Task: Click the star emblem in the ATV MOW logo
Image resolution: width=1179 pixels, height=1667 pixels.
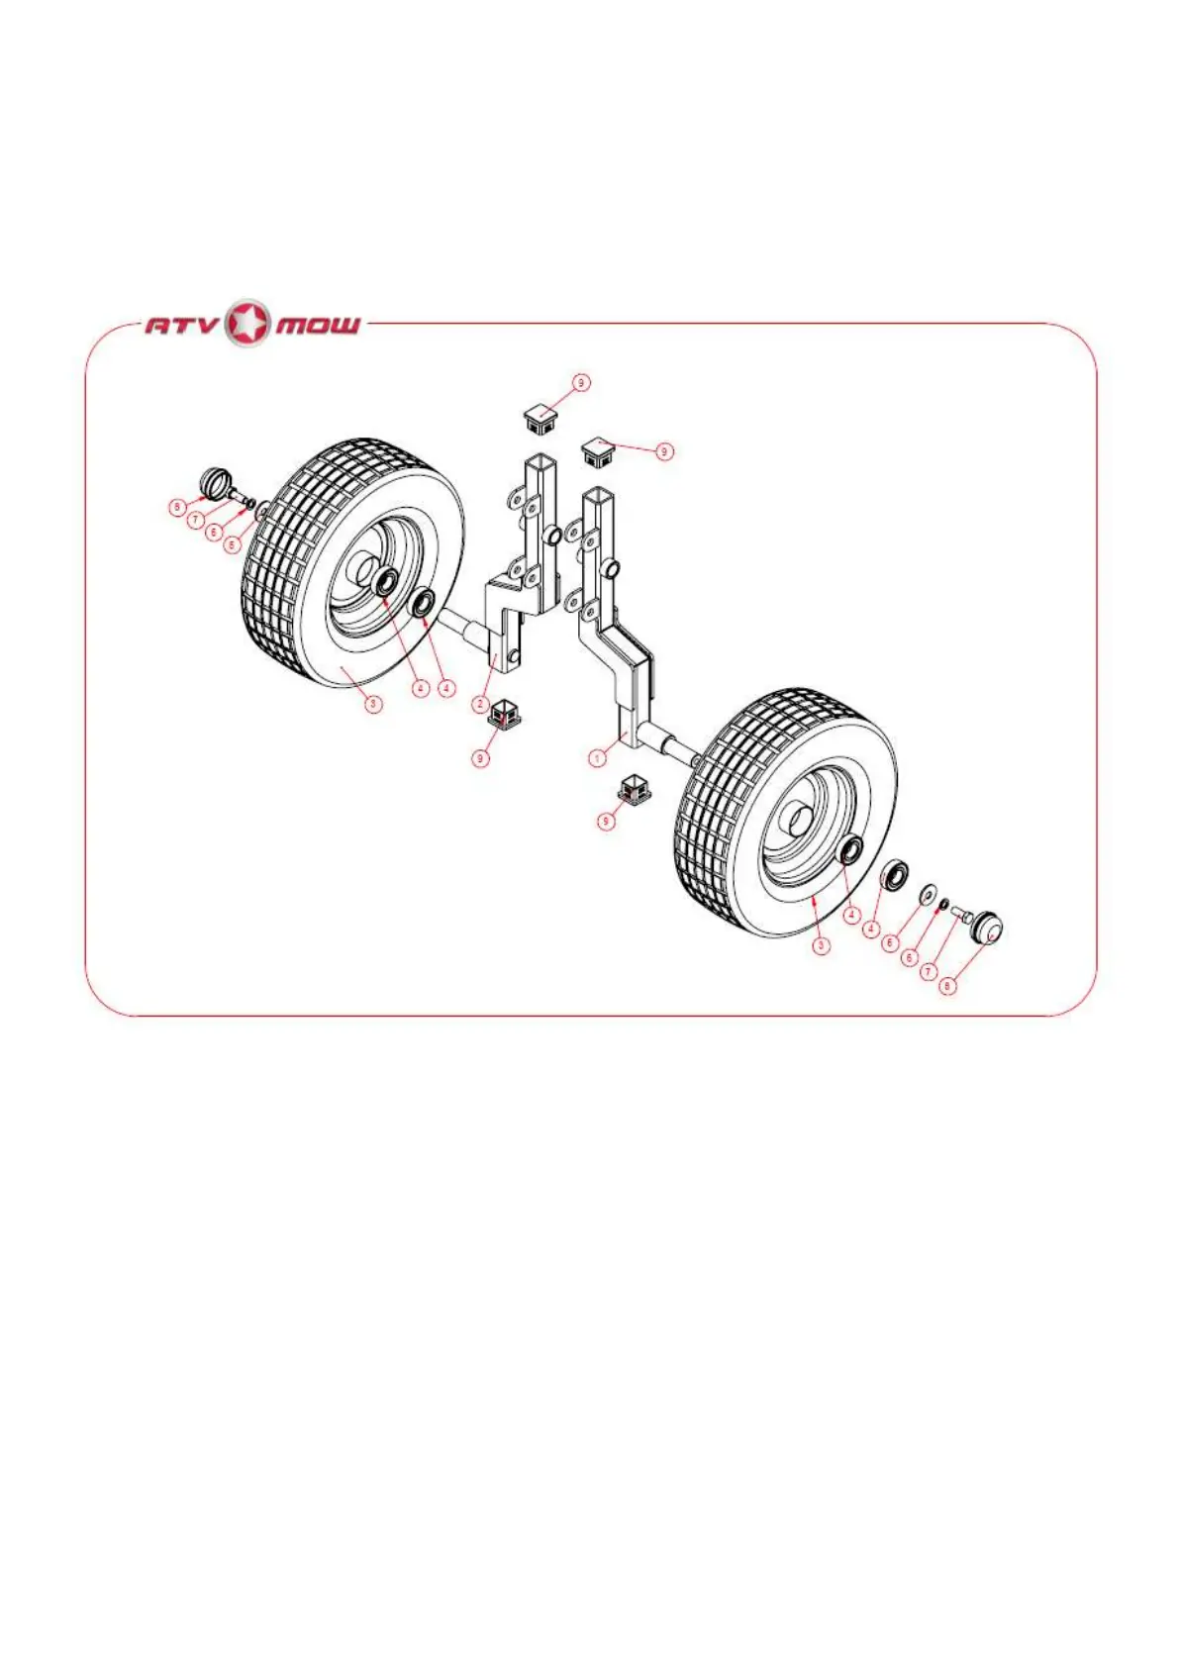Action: click(x=247, y=324)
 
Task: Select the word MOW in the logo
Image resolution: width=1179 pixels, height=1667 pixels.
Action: click(x=317, y=325)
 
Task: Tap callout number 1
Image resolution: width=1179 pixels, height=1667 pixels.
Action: click(x=597, y=758)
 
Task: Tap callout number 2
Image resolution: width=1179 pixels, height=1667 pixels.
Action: click(x=480, y=704)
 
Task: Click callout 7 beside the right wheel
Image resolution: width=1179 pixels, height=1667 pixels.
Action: click(x=929, y=971)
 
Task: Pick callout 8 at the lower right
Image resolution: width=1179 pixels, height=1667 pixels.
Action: click(x=948, y=986)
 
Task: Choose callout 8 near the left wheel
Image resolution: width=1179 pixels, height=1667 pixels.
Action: click(x=177, y=508)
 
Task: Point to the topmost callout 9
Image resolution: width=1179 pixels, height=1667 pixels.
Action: click(x=581, y=382)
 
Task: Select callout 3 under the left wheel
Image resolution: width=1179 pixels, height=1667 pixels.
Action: click(x=373, y=704)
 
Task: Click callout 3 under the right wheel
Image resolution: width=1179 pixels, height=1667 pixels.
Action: click(x=821, y=945)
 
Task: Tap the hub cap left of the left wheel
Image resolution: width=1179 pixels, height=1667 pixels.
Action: click(x=216, y=482)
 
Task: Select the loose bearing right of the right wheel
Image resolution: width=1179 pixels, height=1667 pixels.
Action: click(x=897, y=875)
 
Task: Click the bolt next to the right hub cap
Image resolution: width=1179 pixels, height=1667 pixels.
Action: click(x=959, y=918)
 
